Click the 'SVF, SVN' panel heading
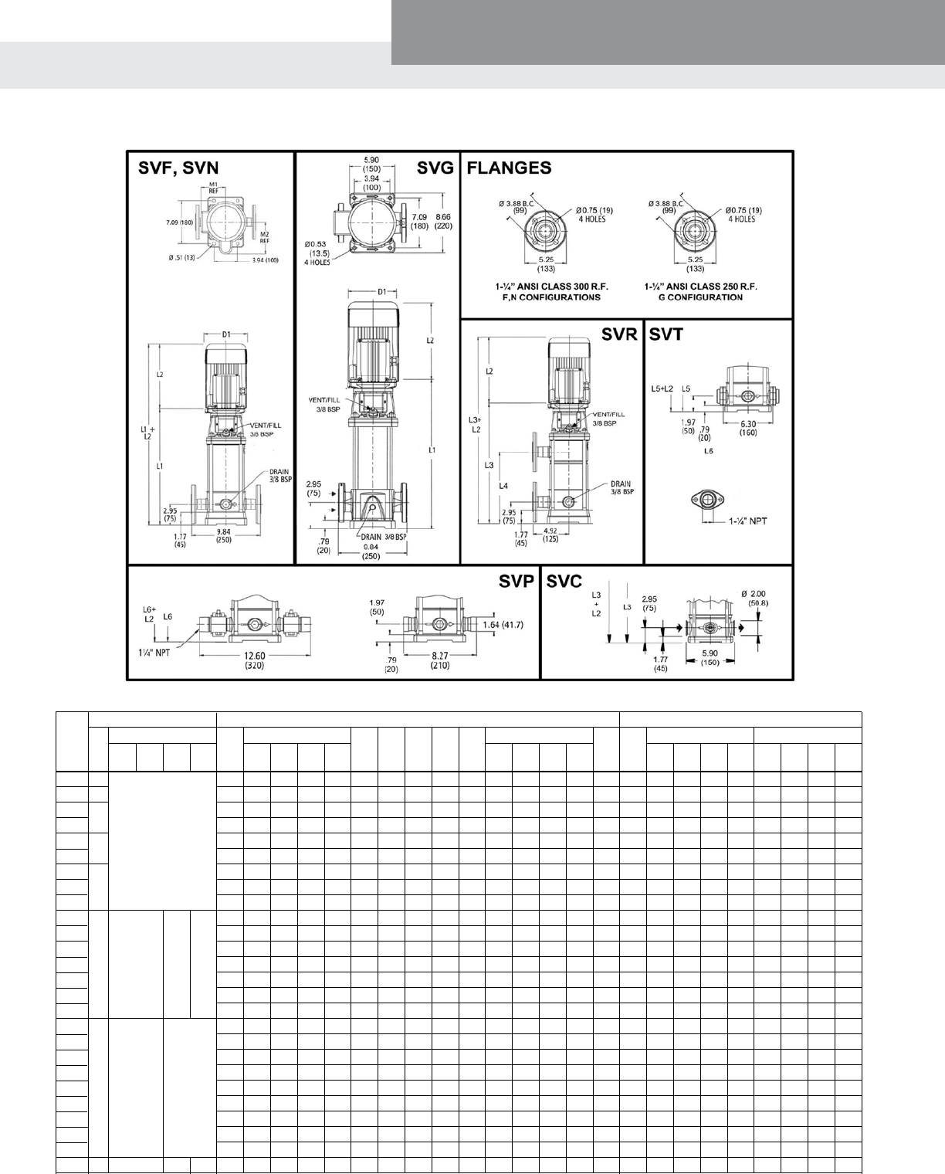178,168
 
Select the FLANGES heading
510,168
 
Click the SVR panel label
620,334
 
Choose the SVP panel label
517,582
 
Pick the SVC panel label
564,582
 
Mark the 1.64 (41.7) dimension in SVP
503,624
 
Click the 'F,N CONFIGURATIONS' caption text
548,297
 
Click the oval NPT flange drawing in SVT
709,500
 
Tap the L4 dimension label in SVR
503,485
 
